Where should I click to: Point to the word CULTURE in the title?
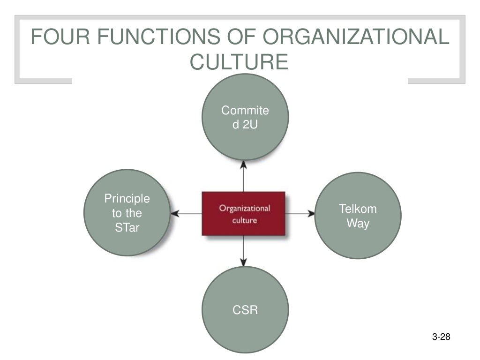click(x=239, y=62)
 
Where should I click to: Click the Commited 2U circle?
click(x=245, y=117)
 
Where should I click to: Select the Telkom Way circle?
click(x=358, y=216)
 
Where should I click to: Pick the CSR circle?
click(x=245, y=309)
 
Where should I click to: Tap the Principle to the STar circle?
click(x=127, y=213)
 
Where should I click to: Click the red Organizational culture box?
click(x=244, y=213)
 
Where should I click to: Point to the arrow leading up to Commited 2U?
click(x=244, y=176)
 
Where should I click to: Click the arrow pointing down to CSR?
click(x=244, y=251)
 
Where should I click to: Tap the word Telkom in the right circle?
click(x=358, y=209)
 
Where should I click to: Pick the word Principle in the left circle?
click(x=127, y=199)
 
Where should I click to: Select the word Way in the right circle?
click(x=358, y=223)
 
